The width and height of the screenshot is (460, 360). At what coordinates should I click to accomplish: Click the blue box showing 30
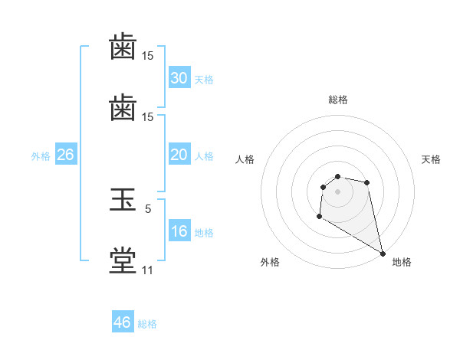(x=179, y=78)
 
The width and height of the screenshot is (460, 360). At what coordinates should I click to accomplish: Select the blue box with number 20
(x=179, y=155)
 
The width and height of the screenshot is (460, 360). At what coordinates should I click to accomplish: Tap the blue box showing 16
(x=179, y=231)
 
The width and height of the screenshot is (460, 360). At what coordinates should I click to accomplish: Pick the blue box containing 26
(x=65, y=155)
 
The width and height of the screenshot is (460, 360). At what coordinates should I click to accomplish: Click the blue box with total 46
(x=122, y=322)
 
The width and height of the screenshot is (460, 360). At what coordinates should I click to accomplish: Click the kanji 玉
(x=123, y=201)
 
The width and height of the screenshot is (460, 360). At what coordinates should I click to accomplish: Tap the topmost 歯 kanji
(x=123, y=47)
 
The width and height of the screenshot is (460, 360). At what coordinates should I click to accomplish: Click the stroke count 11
(x=147, y=270)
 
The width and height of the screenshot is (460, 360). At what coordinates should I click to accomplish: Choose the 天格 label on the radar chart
(x=432, y=159)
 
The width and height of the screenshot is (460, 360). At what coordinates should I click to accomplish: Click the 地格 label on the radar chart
(x=402, y=262)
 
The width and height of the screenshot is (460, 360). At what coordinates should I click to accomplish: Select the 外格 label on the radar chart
(x=270, y=262)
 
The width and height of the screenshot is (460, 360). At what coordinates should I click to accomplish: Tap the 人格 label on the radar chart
(x=245, y=159)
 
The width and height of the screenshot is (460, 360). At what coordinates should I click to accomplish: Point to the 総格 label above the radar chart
(x=338, y=100)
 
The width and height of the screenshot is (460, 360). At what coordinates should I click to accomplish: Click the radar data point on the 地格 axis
(x=383, y=253)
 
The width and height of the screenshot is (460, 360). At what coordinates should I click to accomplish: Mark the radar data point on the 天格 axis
(x=367, y=182)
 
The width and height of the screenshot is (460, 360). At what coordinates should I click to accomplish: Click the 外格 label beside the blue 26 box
(x=41, y=156)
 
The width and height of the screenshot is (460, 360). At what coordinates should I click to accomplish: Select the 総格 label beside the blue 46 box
(x=147, y=324)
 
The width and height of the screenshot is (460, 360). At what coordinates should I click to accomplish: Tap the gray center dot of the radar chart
(x=337, y=191)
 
